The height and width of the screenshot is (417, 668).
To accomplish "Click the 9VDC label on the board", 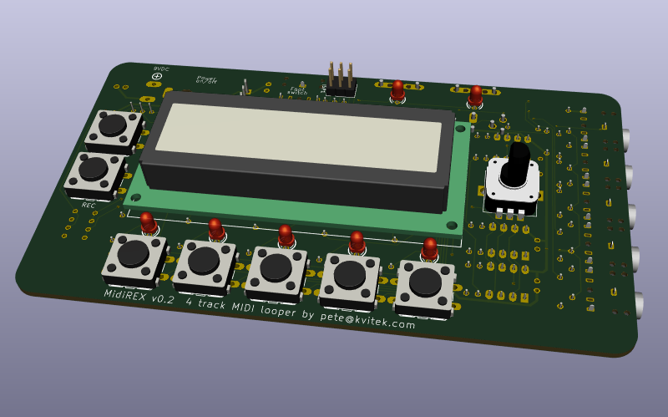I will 161,69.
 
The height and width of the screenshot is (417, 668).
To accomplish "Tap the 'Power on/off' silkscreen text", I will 206,79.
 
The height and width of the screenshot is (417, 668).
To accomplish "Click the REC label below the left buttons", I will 88,205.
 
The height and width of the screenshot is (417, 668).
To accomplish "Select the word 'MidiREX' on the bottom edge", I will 128,294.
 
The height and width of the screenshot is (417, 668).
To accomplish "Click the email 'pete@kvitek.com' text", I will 367,319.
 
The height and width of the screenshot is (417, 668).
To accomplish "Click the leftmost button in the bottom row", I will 133,253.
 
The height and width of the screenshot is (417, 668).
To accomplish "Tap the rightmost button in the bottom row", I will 425,282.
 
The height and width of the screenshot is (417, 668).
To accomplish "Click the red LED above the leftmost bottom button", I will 148,222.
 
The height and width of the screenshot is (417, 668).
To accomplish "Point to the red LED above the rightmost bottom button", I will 429,248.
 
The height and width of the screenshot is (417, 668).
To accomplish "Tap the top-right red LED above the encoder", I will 475,94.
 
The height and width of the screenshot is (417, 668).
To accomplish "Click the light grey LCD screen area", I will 297,136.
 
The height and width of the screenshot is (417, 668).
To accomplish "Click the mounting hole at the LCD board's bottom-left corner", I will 136,197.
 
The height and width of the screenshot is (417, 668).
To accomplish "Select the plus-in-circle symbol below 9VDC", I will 156,77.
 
